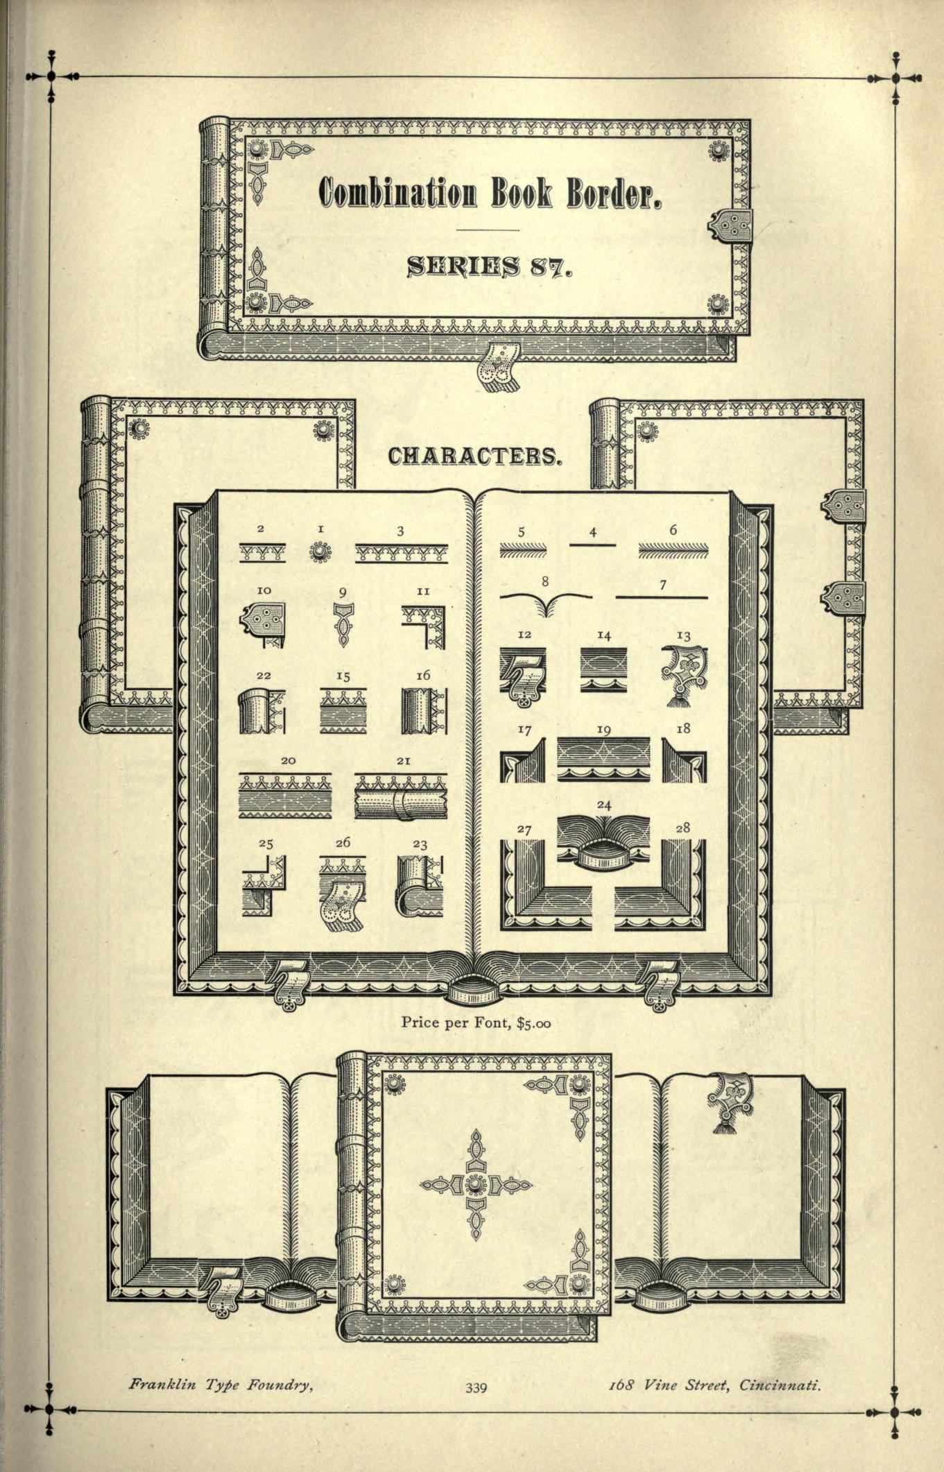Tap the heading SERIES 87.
click(x=490, y=266)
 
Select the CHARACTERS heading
click(x=474, y=456)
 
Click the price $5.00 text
click(x=534, y=1023)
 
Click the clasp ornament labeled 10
click(x=264, y=626)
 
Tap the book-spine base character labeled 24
click(x=603, y=842)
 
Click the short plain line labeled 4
click(x=592, y=546)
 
